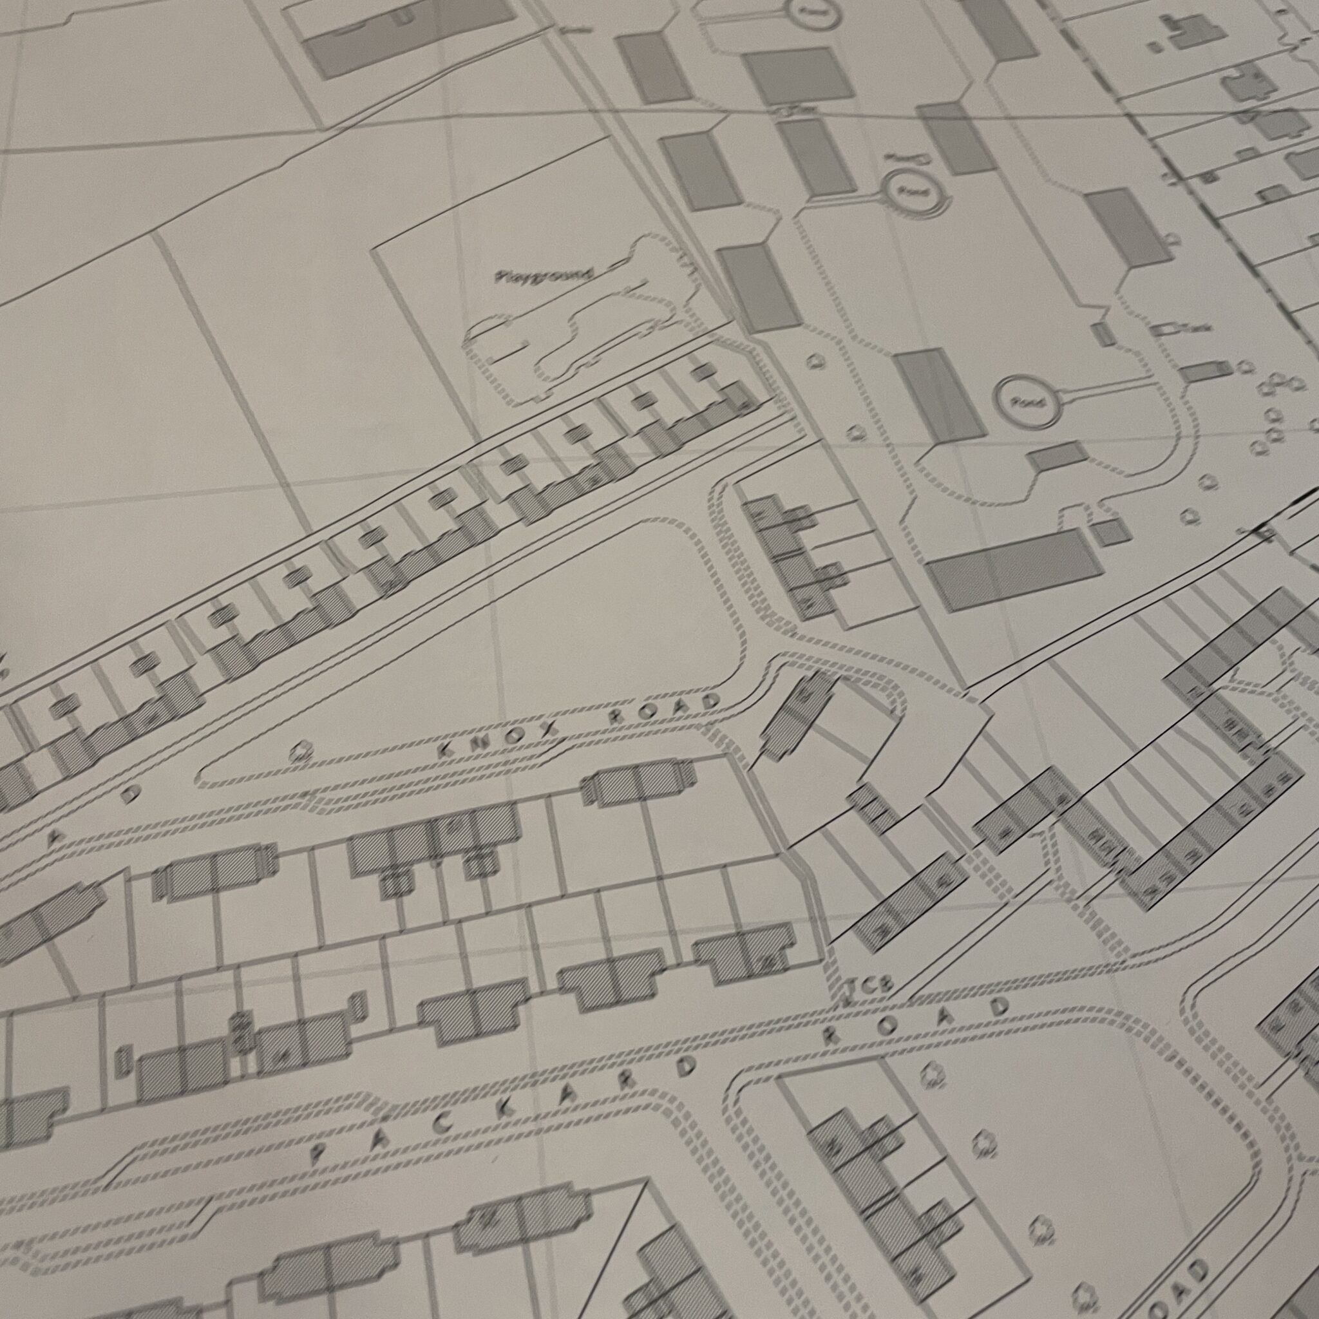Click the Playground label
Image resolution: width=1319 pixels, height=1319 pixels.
tap(544, 276)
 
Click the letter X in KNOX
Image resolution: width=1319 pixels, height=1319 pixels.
tap(550, 730)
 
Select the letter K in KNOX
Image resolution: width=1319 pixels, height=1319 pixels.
tap(448, 750)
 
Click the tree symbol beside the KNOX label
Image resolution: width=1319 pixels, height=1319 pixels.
tap(298, 752)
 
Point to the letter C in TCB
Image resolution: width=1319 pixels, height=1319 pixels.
tap(867, 987)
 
